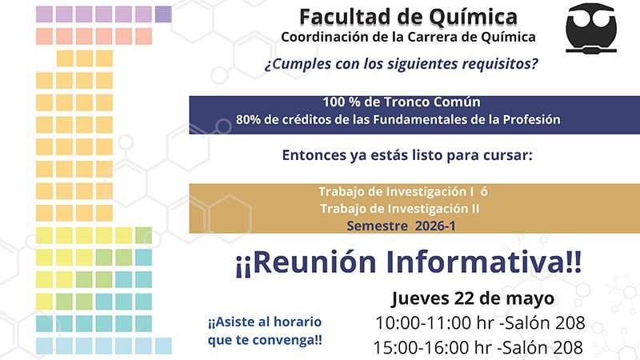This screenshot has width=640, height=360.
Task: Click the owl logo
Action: (591, 29)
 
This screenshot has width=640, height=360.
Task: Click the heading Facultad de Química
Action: (408, 17)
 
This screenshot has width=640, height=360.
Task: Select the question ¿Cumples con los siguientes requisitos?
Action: (402, 64)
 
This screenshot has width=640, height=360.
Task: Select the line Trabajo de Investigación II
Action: (399, 209)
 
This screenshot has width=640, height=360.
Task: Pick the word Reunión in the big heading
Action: (314, 262)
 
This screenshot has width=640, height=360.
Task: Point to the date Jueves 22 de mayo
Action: (473, 298)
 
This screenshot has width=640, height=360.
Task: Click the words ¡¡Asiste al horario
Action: (265, 322)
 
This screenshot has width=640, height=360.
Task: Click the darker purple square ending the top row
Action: (163, 14)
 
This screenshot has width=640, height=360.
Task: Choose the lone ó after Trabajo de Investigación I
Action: (484, 191)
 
